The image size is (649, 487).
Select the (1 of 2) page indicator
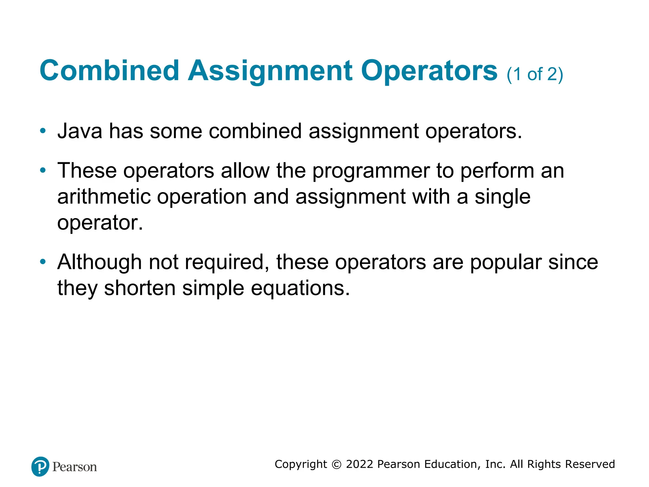535,75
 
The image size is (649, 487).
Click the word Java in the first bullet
80,131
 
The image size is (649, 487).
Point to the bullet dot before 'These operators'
43,171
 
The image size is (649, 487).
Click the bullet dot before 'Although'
43,262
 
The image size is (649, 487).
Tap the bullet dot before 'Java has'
43,131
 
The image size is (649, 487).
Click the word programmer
371,171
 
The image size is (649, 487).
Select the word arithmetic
104,197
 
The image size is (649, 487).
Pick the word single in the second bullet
502,197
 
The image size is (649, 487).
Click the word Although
100,263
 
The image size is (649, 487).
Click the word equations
300,289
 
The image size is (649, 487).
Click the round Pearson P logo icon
40,466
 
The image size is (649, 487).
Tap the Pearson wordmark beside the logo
74,467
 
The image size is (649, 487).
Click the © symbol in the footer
337,464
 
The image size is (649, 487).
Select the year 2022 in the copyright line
360,464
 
